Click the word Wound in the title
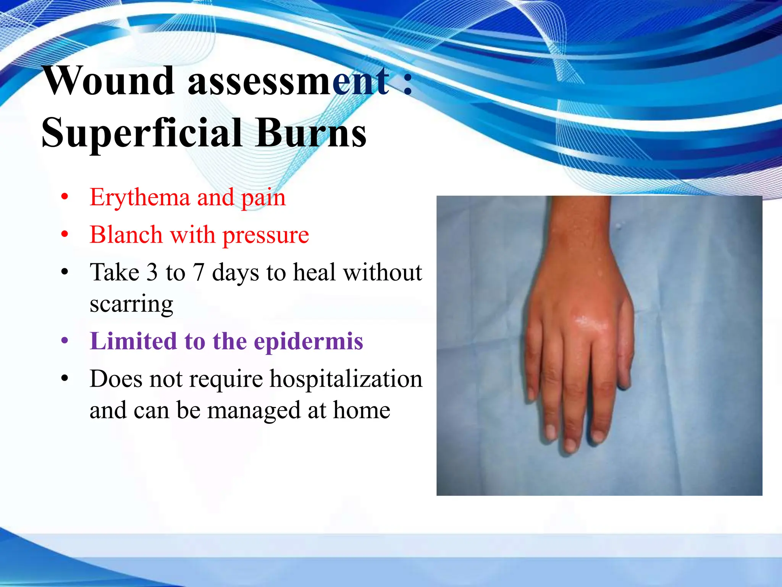[x=109, y=81]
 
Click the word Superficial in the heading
[x=141, y=133]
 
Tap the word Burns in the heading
[x=311, y=133]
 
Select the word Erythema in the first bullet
[x=140, y=198]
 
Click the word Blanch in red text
[x=126, y=235]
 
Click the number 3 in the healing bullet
[x=152, y=273]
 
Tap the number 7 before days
[x=199, y=273]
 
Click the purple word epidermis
[x=308, y=342]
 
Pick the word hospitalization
[x=346, y=379]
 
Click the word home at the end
[x=361, y=410]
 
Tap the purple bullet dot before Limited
[x=65, y=341]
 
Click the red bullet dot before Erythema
[x=65, y=197]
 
